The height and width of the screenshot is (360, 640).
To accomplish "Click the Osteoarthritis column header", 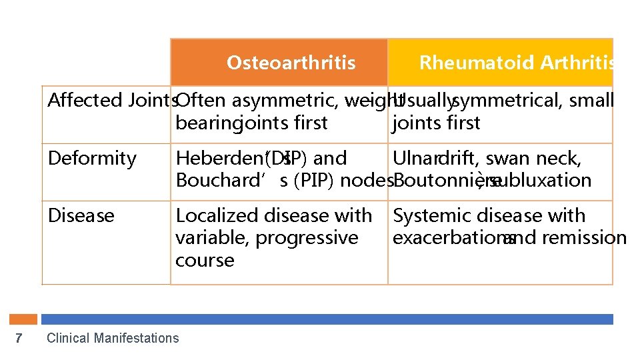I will coord(291,63).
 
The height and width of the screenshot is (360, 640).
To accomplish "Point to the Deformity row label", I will coord(92,159).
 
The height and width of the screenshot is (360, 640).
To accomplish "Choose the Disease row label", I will coord(81,216).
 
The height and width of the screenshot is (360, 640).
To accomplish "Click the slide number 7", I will coord(19,338).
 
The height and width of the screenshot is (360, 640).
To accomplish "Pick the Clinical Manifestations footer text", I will coord(113,338).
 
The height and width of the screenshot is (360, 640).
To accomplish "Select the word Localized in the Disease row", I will coord(217,216).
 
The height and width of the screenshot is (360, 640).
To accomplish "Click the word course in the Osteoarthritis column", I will coord(205,260).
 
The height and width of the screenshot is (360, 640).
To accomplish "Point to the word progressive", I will coord(307,238).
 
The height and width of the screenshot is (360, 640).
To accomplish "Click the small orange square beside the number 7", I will coord(27,319).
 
